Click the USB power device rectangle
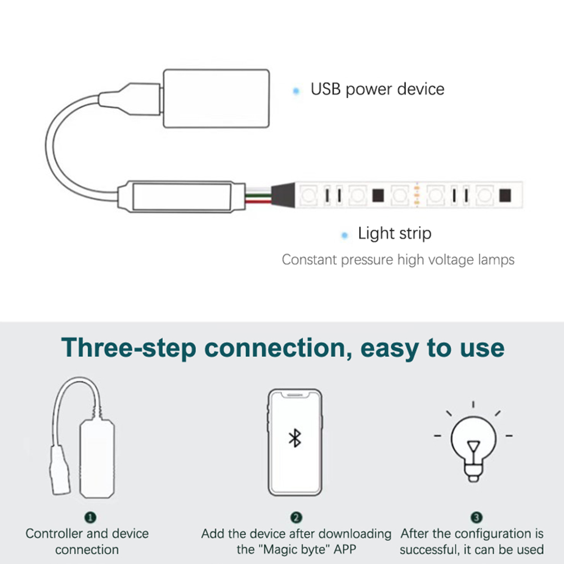coord(216,98)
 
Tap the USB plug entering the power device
coord(130,99)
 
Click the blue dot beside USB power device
coord(296,91)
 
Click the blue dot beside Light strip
coord(344,235)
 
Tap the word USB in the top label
coord(325,89)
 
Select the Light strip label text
coord(395,234)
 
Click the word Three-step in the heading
coord(129,348)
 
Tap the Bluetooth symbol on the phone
coord(295,438)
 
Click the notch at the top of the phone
coord(295,395)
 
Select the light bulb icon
coord(473,442)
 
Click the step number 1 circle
coord(90,517)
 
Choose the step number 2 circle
coord(296,517)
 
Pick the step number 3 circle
coord(477,517)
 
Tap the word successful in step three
coord(428,549)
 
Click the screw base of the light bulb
coord(473,472)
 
